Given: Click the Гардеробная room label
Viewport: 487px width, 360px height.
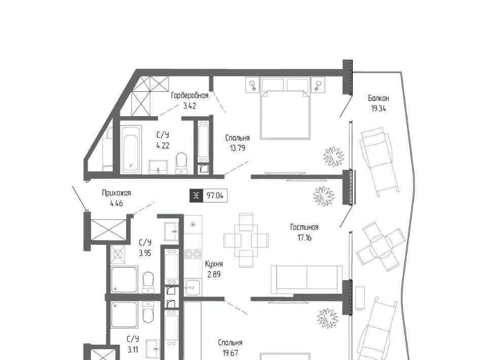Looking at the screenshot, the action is (189, 95).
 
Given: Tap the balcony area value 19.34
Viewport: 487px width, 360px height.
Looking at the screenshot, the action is (378, 109).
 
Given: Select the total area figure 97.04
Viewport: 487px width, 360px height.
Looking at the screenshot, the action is (215, 196).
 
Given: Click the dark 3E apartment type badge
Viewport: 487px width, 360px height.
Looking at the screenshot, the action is (196, 196).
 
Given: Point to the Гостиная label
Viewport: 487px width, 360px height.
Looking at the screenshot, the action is (304, 227).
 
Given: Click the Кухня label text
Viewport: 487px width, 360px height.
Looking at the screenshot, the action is (214, 264).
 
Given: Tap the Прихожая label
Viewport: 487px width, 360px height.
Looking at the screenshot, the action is (117, 193).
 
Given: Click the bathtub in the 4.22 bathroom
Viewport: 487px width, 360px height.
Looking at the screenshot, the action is (131, 149).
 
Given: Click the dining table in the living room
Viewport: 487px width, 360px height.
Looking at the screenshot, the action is (246, 240).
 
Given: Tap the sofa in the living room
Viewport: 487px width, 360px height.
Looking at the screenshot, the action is (307, 279).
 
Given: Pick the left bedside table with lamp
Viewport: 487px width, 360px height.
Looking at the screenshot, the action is (254, 85).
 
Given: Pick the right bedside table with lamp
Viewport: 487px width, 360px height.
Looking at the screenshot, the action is (318, 85).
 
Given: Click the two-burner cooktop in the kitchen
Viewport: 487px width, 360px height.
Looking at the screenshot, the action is (193, 255).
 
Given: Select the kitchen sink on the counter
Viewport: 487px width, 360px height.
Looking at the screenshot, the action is (193, 287).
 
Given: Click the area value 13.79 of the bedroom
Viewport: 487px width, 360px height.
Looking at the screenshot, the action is (237, 149).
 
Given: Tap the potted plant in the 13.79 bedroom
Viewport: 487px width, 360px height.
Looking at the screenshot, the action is (334, 157).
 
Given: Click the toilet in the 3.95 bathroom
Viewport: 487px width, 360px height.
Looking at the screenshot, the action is (149, 282).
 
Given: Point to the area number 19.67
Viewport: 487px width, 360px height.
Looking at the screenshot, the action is (230, 353).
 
